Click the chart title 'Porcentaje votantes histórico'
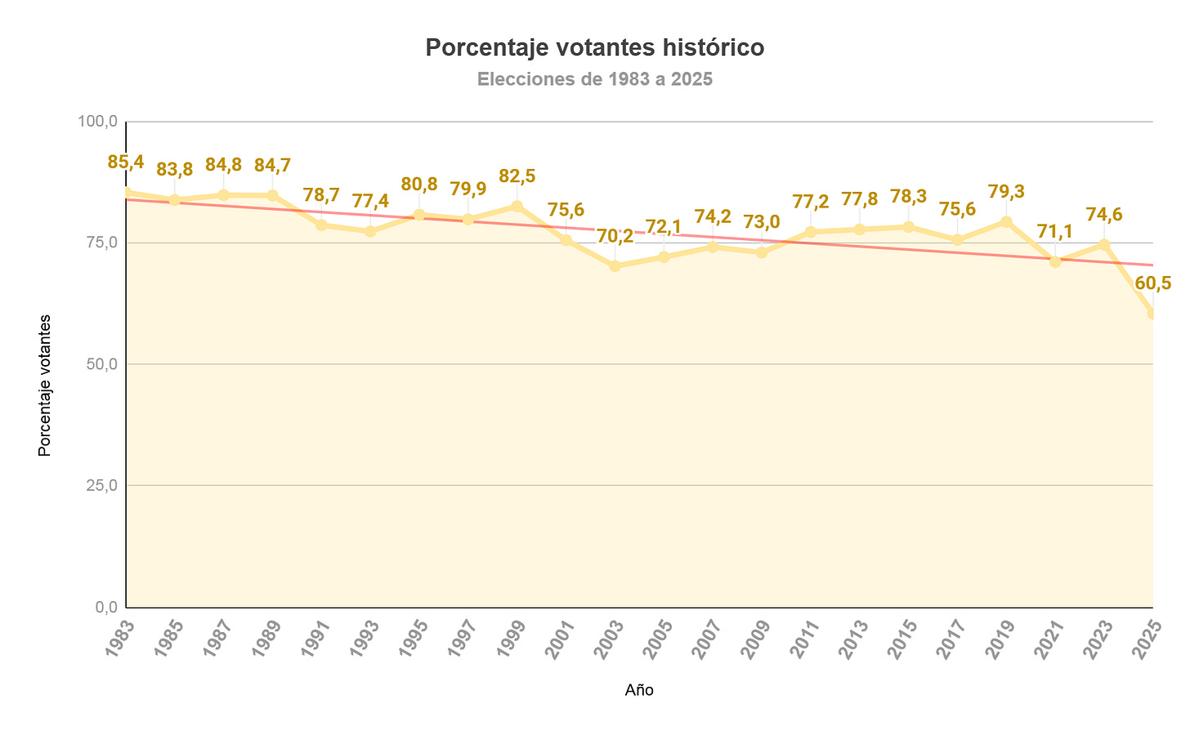click(594, 48)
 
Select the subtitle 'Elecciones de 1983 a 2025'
click(594, 80)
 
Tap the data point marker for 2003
click(615, 266)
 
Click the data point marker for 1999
click(517, 207)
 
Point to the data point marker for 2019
click(1006, 222)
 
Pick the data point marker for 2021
click(1055, 261)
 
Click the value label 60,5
click(1152, 283)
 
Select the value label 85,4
click(126, 162)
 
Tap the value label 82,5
click(517, 176)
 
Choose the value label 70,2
click(615, 237)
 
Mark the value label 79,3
click(1006, 192)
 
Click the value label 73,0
click(762, 222)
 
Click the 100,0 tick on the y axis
click(98, 122)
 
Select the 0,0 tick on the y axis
click(105, 607)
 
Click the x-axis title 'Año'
click(639, 690)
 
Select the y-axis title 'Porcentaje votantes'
click(45, 385)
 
